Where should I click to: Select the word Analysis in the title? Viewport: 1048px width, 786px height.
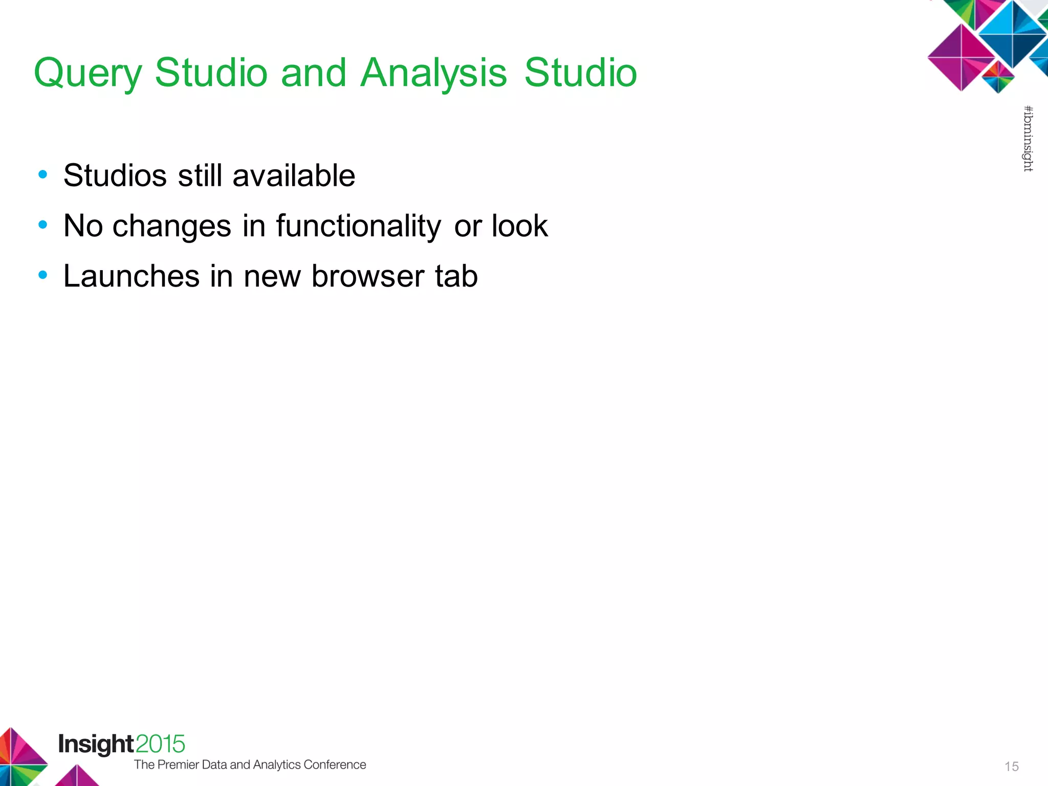[433, 73]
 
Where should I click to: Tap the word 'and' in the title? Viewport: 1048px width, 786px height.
[313, 73]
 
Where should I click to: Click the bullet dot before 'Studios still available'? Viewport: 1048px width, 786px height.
[43, 175]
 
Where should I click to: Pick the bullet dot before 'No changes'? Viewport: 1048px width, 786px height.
[43, 225]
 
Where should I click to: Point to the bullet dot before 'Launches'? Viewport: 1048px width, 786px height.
[43, 275]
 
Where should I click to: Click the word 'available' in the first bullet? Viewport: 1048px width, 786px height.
[294, 176]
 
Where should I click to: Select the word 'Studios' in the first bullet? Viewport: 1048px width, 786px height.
[115, 176]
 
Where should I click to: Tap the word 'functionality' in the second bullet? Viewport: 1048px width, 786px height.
[358, 226]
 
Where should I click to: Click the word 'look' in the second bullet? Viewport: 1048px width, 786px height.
[519, 226]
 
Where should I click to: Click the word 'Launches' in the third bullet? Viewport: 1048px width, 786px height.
[132, 276]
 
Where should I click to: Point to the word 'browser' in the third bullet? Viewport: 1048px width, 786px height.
[367, 276]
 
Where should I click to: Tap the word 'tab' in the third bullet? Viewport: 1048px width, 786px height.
[456, 276]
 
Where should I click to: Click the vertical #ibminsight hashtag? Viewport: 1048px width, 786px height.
[1028, 139]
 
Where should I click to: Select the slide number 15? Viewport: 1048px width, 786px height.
[1011, 767]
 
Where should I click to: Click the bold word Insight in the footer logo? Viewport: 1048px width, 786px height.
[96, 745]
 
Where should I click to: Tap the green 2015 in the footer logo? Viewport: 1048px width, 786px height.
[160, 745]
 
